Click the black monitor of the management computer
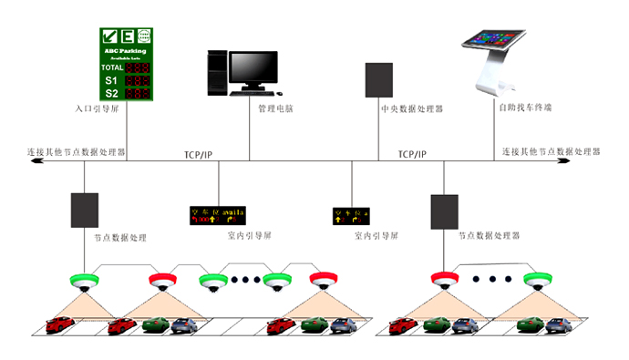click(x=253, y=69)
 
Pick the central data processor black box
click(x=378, y=80)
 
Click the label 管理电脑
click(x=274, y=108)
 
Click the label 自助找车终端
click(x=524, y=108)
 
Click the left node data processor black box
click(x=84, y=211)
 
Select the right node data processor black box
click(x=444, y=211)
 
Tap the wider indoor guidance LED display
click(x=217, y=215)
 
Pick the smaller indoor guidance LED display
click(x=350, y=216)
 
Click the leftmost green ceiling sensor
click(x=83, y=280)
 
